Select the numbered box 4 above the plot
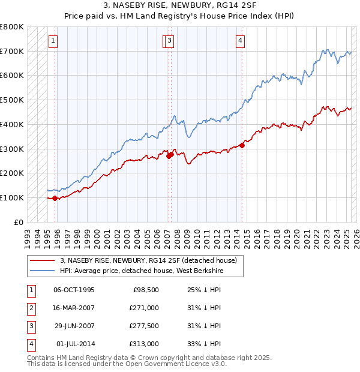tap(240, 41)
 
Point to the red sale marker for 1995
tap(55, 197)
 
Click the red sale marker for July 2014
tap(242, 145)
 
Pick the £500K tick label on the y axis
tap(13, 100)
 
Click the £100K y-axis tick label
tap(13, 197)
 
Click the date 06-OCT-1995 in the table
tap(74, 290)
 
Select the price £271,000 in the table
tap(145, 308)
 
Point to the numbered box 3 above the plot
tap(170, 41)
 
